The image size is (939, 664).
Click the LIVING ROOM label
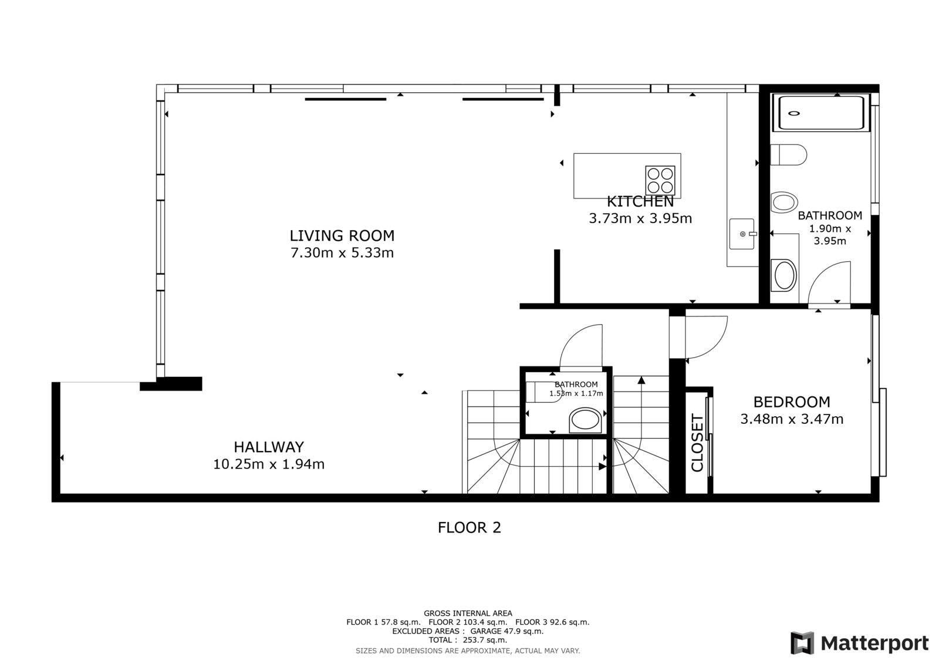(342, 236)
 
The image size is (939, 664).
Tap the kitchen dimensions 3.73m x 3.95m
(640, 218)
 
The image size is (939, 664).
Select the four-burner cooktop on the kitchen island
(660, 180)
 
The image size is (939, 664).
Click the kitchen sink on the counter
(742, 234)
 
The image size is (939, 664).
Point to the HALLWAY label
(269, 447)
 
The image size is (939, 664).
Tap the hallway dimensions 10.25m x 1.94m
(269, 464)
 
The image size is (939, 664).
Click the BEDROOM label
(792, 402)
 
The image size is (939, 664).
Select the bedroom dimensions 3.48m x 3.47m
(792, 419)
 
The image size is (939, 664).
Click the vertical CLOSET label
(697, 443)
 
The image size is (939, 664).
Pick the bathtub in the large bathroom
(821, 113)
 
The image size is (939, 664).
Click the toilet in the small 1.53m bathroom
(585, 420)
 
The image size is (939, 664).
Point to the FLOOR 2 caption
(469, 528)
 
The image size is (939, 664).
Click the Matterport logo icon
(802, 643)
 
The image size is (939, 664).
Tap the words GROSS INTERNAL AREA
(468, 614)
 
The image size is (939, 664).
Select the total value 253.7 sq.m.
(485, 640)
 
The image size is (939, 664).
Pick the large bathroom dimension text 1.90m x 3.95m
(830, 235)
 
